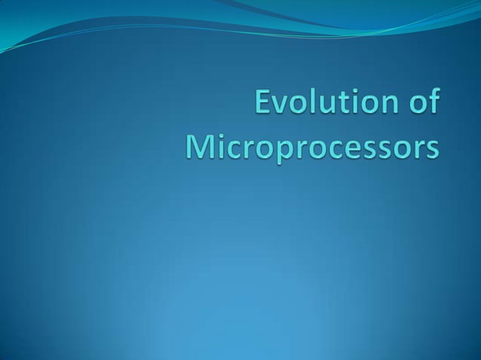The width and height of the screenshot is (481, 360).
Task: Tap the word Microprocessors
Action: [311, 145]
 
